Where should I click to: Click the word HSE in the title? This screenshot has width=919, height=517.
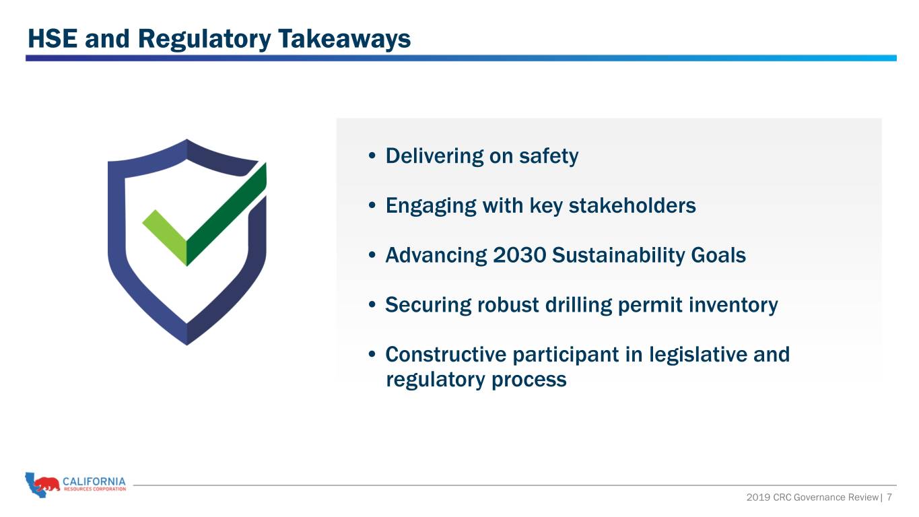[x=53, y=39]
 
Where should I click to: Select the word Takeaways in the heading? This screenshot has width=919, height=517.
[x=344, y=40]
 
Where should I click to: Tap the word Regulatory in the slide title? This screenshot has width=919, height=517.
[x=204, y=40]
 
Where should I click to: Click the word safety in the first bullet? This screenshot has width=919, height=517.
[x=549, y=156]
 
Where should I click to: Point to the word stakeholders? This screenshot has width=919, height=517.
[x=632, y=205]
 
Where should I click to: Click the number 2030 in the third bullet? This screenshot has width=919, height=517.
[x=519, y=255]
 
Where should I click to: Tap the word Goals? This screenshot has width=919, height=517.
[x=718, y=255]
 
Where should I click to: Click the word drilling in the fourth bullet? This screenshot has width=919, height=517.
[x=578, y=305]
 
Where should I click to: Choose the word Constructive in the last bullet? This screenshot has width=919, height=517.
[x=446, y=355]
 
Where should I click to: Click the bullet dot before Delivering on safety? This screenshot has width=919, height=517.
[x=372, y=156]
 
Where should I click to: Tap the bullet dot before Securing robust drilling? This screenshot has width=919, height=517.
[x=372, y=305]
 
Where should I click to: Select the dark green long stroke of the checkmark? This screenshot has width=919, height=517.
[x=226, y=215]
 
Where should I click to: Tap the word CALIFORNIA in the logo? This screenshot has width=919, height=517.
[x=94, y=481]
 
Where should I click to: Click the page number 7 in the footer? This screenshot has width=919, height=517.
[x=889, y=497]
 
